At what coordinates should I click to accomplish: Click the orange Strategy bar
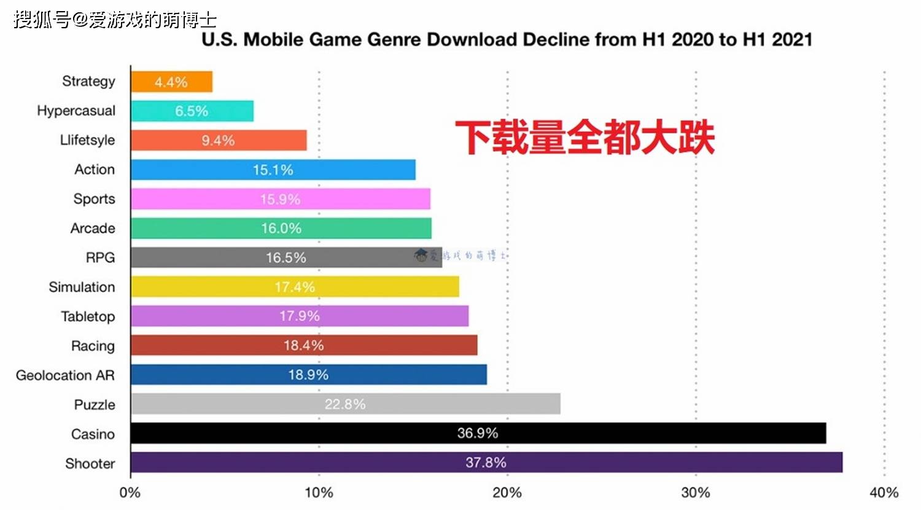(x=172, y=82)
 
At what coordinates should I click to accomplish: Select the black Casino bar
(x=478, y=433)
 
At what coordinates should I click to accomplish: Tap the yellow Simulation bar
(x=295, y=286)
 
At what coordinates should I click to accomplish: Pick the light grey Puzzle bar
(x=346, y=404)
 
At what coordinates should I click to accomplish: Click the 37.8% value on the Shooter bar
(x=486, y=462)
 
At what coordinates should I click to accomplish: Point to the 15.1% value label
(x=273, y=170)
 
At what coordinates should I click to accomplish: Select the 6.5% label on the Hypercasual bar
(x=192, y=111)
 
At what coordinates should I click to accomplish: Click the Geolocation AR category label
(x=65, y=375)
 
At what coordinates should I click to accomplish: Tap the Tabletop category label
(x=88, y=316)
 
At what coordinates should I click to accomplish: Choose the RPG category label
(x=100, y=257)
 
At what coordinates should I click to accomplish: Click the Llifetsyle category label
(x=88, y=140)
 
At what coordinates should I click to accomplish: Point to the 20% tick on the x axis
(x=507, y=493)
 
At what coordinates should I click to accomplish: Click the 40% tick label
(x=884, y=493)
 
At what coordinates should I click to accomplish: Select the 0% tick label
(x=130, y=493)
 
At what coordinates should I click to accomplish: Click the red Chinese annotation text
(x=585, y=137)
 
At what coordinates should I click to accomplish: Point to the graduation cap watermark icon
(x=421, y=255)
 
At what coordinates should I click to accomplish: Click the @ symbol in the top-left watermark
(x=80, y=20)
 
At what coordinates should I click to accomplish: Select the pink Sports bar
(x=281, y=199)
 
